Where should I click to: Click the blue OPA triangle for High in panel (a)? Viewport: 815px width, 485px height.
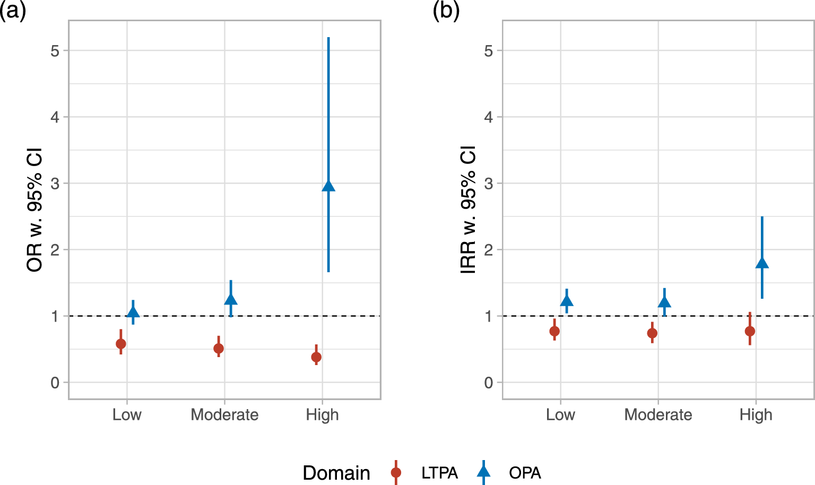pos(328,186)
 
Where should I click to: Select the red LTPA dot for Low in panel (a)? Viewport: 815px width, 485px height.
pos(121,344)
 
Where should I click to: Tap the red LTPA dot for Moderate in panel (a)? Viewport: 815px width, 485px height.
pos(219,349)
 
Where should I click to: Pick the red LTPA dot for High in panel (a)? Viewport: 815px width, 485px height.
pos(316,357)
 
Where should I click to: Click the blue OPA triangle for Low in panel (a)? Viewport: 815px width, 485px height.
pos(133,312)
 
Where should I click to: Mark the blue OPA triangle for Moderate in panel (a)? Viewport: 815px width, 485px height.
pos(231,299)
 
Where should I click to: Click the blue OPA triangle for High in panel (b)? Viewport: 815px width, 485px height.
pos(762,263)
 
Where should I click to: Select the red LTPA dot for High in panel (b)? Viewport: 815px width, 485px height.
pos(750,331)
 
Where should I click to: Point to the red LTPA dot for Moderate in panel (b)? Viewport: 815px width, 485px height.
pos(652,333)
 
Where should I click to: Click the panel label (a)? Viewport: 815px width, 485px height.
pos(13,11)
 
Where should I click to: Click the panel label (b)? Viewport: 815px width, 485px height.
pos(446,11)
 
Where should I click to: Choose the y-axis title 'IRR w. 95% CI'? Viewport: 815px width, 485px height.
pos(469,210)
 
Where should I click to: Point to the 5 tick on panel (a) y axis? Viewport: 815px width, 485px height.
pos(55,51)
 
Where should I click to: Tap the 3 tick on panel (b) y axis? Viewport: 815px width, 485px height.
pos(489,184)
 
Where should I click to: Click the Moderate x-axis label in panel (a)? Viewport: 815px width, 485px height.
pos(224,414)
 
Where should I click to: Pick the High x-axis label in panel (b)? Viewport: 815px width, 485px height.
pos(756,414)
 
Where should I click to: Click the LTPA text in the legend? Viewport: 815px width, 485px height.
pos(439,473)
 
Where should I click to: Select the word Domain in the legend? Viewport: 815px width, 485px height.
pos(336,473)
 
